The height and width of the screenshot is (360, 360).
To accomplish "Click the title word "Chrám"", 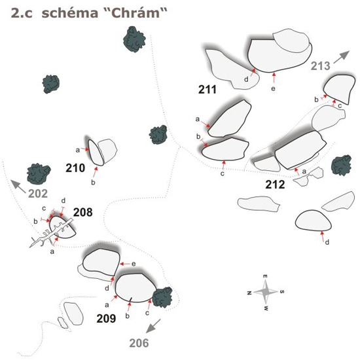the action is coord(137,13).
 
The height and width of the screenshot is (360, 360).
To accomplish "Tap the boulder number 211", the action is coord(207,89).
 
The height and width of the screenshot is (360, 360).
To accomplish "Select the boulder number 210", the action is coord(75,168).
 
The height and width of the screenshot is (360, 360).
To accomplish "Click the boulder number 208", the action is coord(83,212).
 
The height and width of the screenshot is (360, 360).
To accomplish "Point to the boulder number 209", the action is coord(106,319).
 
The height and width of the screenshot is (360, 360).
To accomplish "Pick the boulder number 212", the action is coord(275,185).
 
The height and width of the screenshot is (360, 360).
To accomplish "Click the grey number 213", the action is coord(321,66).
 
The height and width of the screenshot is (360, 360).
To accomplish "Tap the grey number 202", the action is coord(38,194).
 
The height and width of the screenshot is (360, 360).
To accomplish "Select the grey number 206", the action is coord(139,343).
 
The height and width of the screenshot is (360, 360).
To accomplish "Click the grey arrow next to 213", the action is coord(342,57).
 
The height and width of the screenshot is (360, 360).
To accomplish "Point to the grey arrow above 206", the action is coord(153,326).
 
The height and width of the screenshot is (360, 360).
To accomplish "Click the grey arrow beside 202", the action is coord(18,187).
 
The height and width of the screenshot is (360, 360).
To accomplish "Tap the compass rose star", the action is coord(266,292).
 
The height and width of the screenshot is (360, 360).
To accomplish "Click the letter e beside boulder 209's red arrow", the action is coord(134,264).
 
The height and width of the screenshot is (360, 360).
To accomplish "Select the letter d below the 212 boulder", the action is coord(327,242).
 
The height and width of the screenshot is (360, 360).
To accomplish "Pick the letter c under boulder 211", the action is coord(223,174).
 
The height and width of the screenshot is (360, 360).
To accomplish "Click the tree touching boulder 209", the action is coord(162,297).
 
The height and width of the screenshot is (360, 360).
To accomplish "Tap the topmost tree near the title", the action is coord(134,39).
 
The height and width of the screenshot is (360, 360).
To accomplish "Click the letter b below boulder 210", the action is coord(93,183).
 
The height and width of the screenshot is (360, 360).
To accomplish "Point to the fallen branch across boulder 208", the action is coord(51,234).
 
